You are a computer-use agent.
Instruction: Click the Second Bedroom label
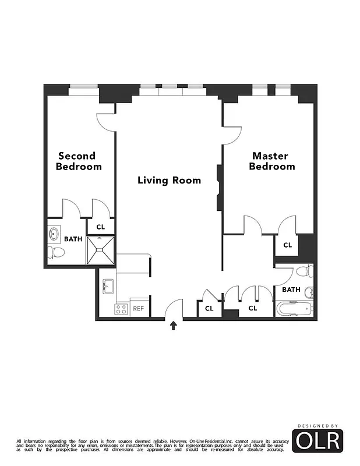pyautogui.click(x=79, y=161)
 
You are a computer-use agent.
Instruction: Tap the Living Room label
pyautogui.click(x=169, y=180)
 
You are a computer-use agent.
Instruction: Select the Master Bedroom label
pyautogui.click(x=272, y=161)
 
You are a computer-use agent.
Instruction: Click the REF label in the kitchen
pyautogui.click(x=138, y=309)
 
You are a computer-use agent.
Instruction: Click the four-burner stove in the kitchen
pyautogui.click(x=121, y=309)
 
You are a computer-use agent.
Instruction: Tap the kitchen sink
pyautogui.click(x=108, y=287)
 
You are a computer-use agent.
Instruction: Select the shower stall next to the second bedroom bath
pyautogui.click(x=100, y=249)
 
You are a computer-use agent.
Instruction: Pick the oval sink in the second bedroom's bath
pyautogui.click(x=54, y=235)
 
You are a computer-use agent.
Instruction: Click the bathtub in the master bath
pyautogui.click(x=295, y=308)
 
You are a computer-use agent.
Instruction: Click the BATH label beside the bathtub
pyautogui.click(x=291, y=290)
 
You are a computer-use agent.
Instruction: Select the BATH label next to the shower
pyautogui.click(x=73, y=239)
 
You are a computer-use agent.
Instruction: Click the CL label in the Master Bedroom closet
pyautogui.click(x=287, y=245)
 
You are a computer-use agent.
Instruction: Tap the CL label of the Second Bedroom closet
pyautogui.click(x=100, y=227)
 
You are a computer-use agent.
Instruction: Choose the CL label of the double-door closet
pyautogui.click(x=253, y=308)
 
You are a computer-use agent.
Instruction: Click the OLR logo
pyautogui.click(x=317, y=441)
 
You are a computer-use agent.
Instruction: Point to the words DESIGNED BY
pyautogui.click(x=317, y=426)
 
